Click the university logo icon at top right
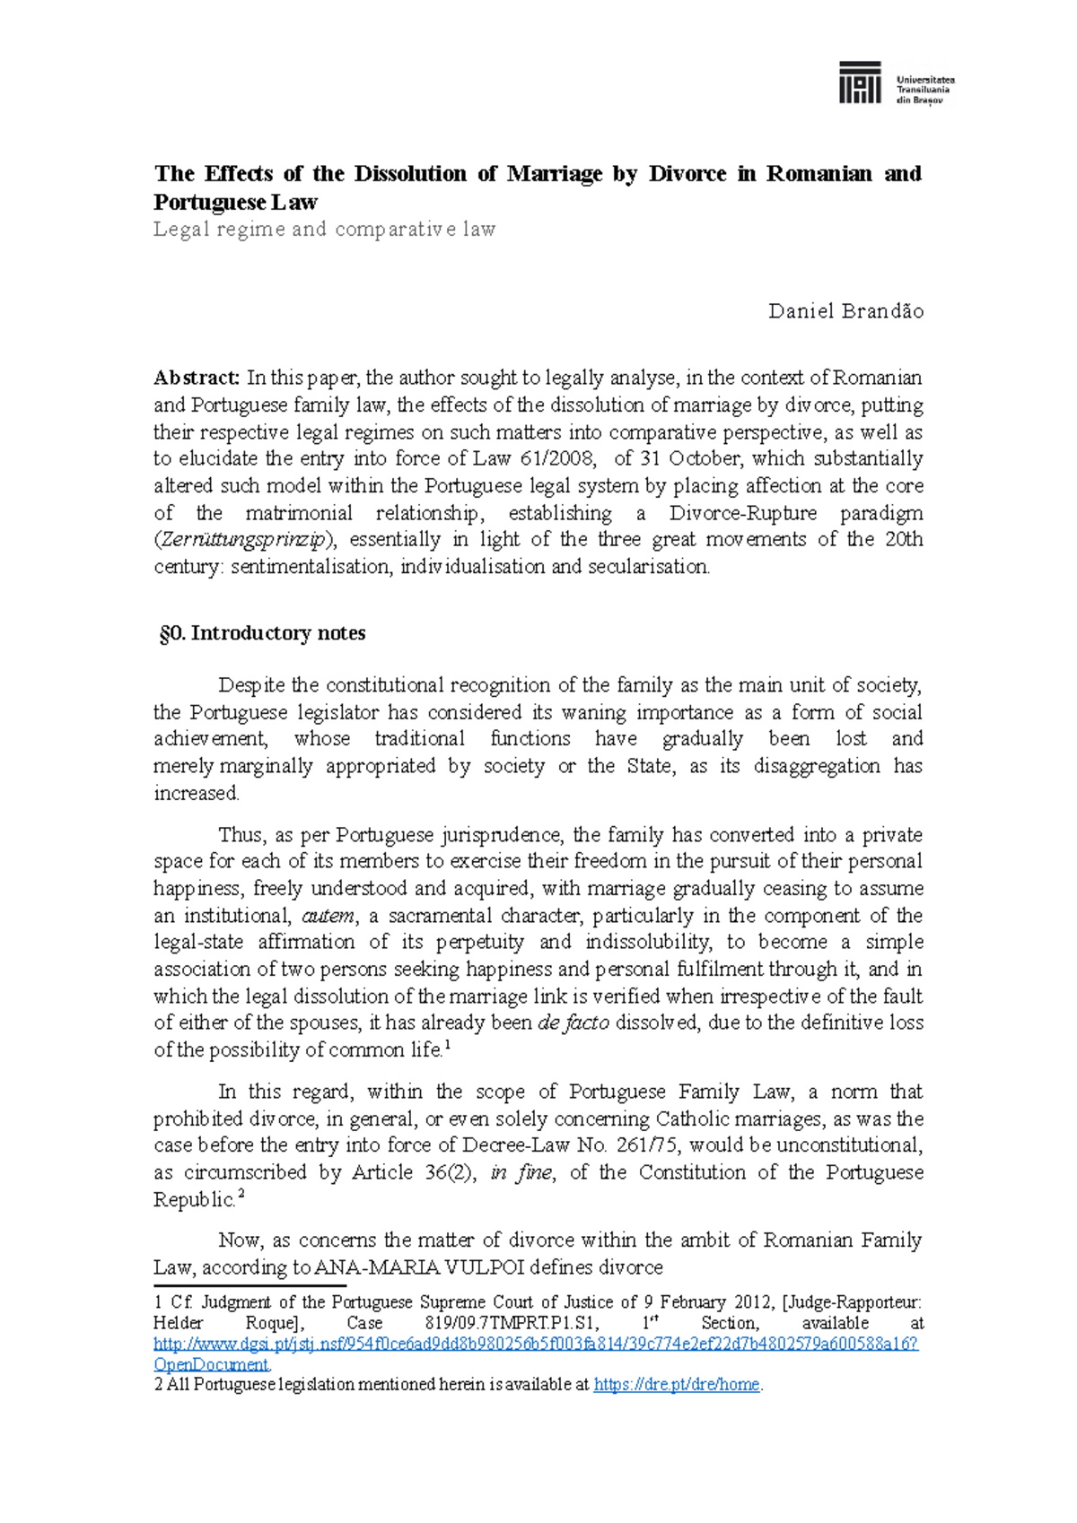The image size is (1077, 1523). coord(859,83)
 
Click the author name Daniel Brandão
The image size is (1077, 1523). coord(845,311)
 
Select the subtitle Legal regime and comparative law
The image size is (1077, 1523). coord(324,229)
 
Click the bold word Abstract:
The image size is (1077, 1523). coord(197,378)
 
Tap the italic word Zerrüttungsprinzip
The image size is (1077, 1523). coord(246,540)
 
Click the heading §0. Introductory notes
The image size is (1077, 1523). coord(262,633)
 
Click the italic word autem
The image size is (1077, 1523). coord(328,916)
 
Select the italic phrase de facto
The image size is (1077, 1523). coord(573,1023)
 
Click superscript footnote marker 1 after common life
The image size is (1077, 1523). coord(447,1045)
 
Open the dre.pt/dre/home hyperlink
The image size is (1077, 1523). coord(677,1385)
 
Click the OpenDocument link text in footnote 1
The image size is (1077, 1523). coord(211,1364)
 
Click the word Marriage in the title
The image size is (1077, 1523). coord(554,174)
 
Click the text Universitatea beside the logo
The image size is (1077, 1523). coord(925,80)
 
